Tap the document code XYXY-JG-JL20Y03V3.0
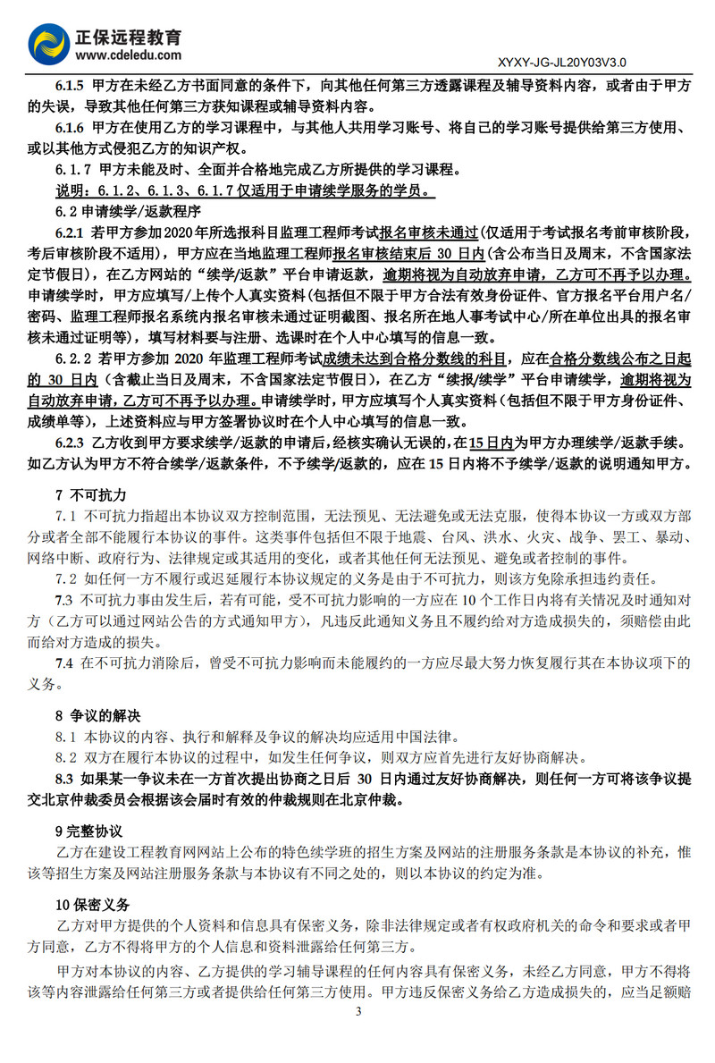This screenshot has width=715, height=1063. (559, 63)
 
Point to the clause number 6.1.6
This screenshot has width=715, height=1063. (71, 127)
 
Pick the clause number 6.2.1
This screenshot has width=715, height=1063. (71, 232)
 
